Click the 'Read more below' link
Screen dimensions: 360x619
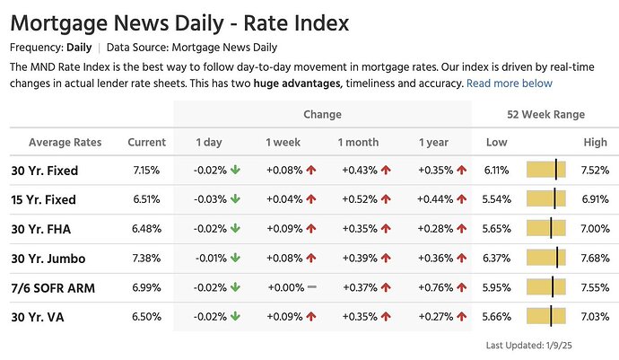510,83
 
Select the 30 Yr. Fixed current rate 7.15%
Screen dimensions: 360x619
145,171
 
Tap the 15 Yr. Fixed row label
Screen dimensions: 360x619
43,199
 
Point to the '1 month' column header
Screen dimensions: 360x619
358,142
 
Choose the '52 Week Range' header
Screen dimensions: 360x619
545,114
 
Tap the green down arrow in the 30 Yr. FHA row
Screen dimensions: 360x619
235,229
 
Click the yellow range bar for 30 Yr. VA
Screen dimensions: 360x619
545,317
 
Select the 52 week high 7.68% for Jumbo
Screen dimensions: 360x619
595,259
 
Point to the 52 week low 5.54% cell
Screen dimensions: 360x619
496,199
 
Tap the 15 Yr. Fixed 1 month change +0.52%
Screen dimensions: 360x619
359,199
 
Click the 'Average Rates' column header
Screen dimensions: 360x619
65,142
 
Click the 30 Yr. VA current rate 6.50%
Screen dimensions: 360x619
145,317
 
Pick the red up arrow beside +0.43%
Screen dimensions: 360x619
386,171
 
